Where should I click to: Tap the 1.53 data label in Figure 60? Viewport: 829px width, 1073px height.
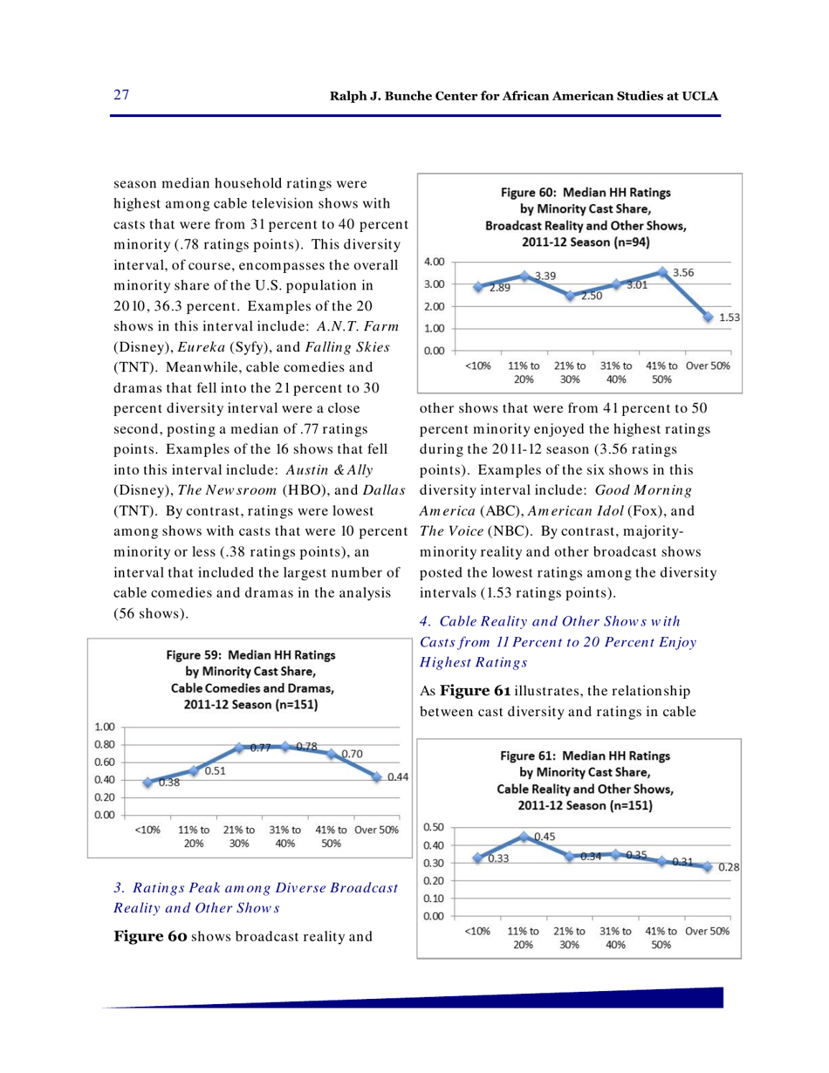click(x=730, y=319)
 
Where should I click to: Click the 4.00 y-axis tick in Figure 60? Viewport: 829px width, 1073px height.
click(x=435, y=261)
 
